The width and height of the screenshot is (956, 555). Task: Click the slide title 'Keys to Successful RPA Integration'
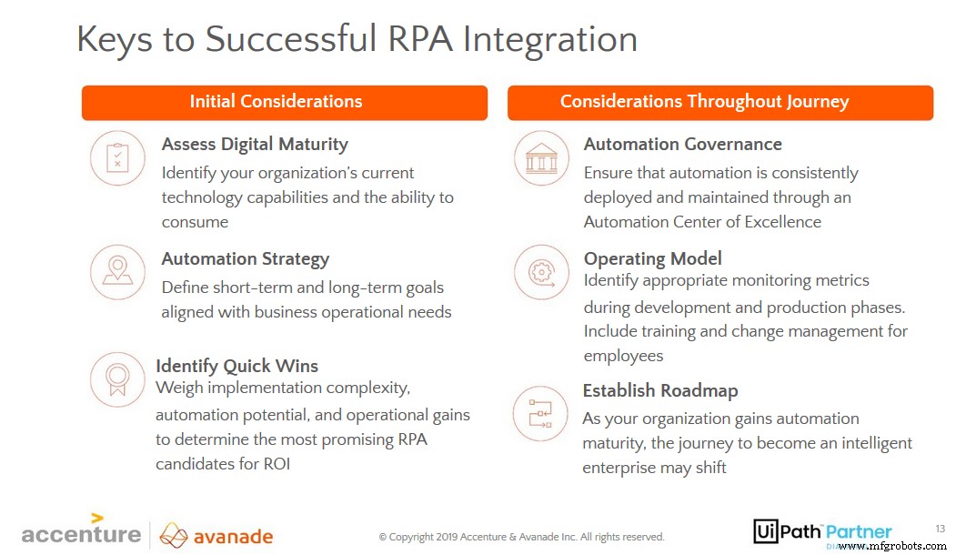(x=357, y=39)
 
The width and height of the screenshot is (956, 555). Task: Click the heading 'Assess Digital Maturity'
(x=255, y=144)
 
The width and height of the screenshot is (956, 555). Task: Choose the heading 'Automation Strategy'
(x=245, y=258)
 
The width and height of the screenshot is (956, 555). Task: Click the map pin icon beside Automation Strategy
(x=117, y=271)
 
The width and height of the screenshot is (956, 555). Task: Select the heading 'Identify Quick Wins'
(x=236, y=366)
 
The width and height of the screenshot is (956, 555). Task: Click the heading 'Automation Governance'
(x=682, y=144)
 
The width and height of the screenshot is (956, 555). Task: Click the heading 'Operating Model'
(x=652, y=258)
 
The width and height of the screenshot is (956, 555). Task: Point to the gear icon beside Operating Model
(x=541, y=271)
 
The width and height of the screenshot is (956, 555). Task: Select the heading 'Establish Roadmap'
(x=659, y=390)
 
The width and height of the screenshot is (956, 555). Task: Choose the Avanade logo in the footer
(x=216, y=536)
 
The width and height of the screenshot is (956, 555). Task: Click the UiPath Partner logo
(x=822, y=532)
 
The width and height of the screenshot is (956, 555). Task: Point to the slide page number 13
(x=940, y=528)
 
